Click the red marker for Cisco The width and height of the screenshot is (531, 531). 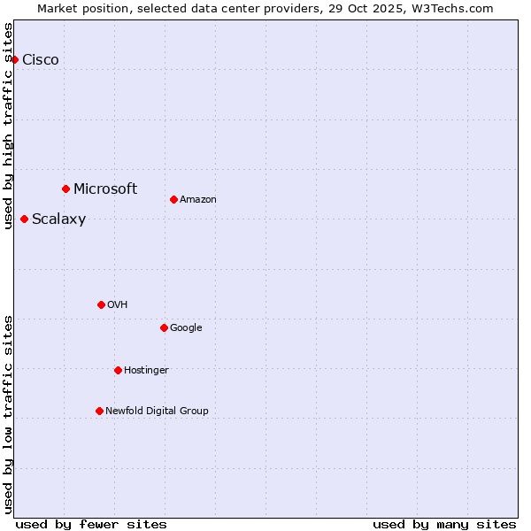click(14, 59)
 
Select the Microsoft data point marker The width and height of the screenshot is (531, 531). click(65, 189)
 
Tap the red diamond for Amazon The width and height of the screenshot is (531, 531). click(173, 199)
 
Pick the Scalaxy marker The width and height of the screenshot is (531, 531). click(24, 219)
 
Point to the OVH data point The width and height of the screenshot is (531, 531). click(101, 304)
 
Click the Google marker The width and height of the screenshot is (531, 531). click(164, 327)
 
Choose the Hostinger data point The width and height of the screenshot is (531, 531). click(118, 370)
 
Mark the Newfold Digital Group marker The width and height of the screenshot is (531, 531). click(99, 411)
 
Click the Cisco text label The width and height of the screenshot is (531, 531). click(41, 60)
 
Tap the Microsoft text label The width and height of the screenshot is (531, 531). click(105, 189)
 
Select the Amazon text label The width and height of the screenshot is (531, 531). click(198, 200)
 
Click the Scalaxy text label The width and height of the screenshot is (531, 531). click(58, 219)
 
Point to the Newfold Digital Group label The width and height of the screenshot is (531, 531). click(157, 411)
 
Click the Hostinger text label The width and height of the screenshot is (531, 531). click(146, 370)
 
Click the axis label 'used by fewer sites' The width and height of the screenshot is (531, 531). click(91, 524)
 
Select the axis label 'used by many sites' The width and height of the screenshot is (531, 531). click(444, 524)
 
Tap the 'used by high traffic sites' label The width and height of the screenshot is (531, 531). click(8, 125)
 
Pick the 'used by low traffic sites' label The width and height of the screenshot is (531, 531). click(8, 413)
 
